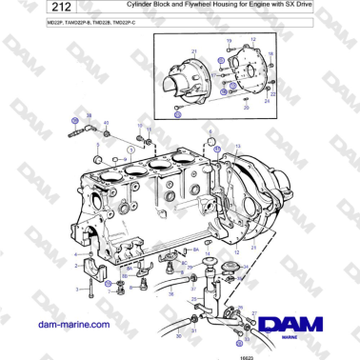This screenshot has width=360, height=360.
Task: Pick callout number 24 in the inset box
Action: pyautogui.click(x=268, y=102)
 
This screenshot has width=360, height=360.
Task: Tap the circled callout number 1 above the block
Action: pyautogui.click(x=120, y=150)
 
